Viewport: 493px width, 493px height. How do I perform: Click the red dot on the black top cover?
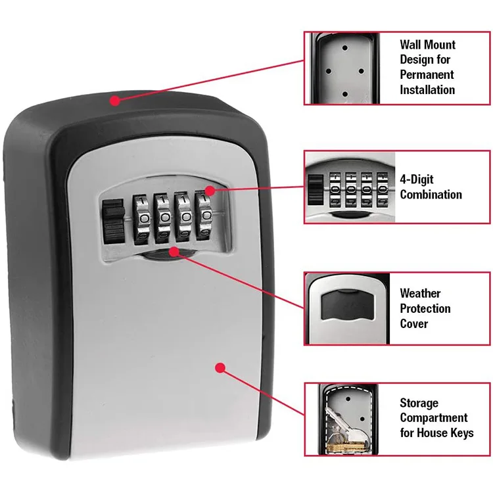coord(115,101)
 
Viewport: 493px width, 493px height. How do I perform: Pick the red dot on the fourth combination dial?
coord(208,191)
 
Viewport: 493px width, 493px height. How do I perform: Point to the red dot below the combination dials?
coord(173,250)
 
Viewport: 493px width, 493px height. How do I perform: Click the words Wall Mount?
coord(427,45)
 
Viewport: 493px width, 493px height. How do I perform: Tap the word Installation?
coord(427,90)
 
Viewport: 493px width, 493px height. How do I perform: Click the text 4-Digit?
coord(417,179)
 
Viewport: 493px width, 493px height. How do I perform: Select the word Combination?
coord(431,195)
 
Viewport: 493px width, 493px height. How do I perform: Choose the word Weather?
coord(420,293)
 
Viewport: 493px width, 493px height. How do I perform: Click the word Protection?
coord(425,308)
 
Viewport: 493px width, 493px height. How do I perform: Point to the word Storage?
coord(419,403)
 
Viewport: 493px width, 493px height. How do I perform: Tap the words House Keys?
coord(446,433)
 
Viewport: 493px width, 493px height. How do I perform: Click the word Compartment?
coord(434,418)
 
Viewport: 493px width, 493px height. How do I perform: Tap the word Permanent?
coord(427,75)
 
